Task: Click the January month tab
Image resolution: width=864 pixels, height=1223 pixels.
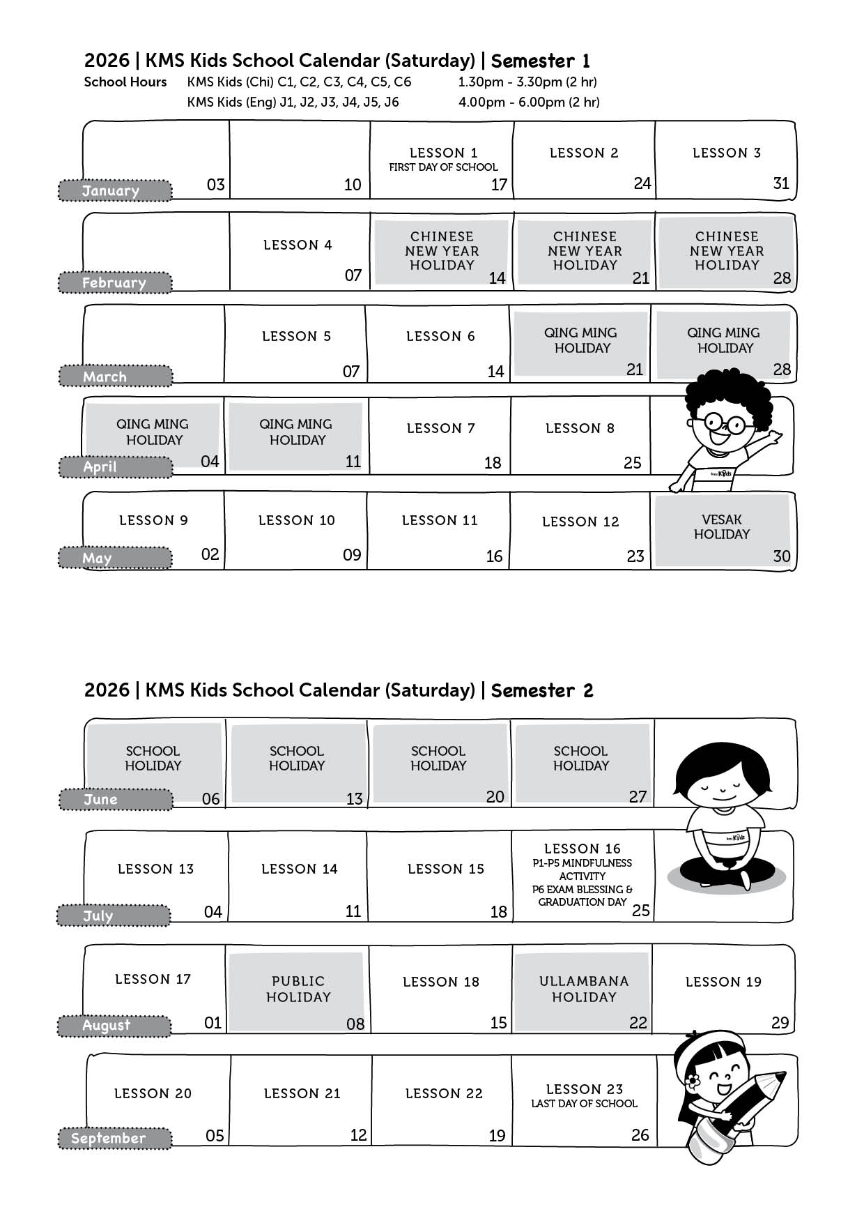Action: tap(115, 190)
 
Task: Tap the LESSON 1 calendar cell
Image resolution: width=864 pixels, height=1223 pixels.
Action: tap(442, 160)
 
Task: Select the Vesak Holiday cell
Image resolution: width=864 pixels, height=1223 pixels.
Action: tap(723, 530)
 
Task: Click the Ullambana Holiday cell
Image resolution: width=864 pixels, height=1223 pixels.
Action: tap(583, 989)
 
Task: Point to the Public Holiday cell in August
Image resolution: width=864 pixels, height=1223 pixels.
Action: tap(298, 989)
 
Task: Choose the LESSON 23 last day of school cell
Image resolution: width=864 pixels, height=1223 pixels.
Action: tap(584, 1100)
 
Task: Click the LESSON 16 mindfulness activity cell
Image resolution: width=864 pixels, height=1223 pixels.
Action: tap(583, 876)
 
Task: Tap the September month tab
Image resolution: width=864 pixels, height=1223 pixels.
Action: tap(115, 1138)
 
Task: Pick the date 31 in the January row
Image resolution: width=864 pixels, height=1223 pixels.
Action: tap(781, 183)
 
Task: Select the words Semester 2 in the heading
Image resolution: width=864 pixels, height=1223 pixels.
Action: tap(542, 690)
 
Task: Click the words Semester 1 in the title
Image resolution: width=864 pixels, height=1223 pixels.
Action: tap(541, 61)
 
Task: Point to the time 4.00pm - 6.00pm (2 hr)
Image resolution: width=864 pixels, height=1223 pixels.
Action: tap(529, 102)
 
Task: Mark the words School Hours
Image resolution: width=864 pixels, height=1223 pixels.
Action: tap(125, 82)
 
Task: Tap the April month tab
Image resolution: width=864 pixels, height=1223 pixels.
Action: tap(115, 466)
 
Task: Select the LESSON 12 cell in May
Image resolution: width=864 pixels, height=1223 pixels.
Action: tap(580, 530)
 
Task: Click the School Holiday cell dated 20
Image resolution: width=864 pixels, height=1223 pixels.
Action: tap(439, 764)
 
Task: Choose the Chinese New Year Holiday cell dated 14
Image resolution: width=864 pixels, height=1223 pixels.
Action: tap(442, 252)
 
